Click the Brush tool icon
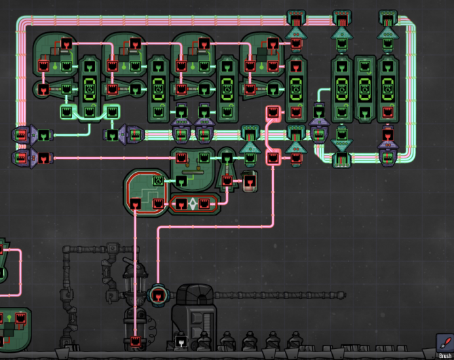444,343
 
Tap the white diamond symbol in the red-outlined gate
193,204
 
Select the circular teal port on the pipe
158,295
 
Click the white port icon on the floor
181,341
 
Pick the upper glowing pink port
273,113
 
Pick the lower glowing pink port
273,157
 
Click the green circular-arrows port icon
158,181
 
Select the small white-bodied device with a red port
250,181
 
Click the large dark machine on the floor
197,317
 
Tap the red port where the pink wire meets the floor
136,340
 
